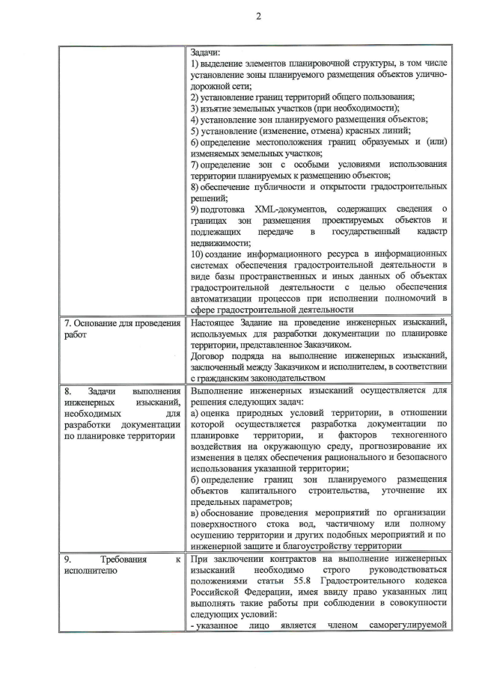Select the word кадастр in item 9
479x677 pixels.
pos(431,233)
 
